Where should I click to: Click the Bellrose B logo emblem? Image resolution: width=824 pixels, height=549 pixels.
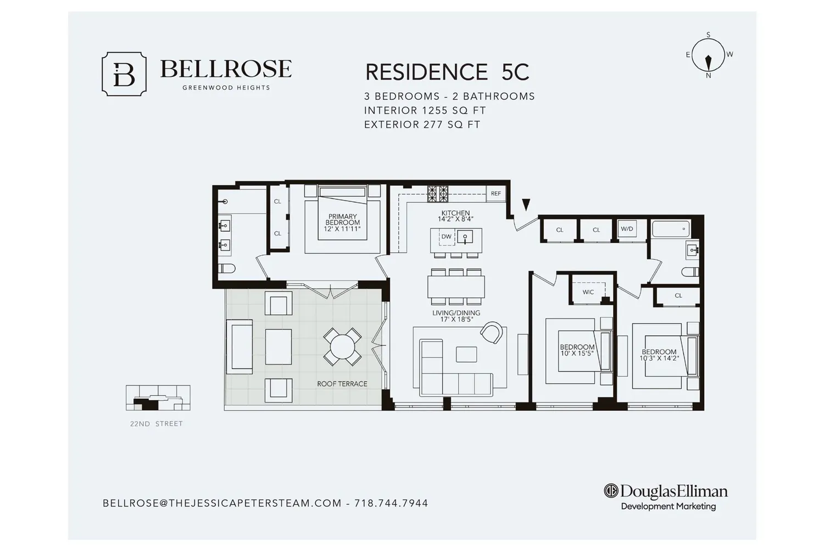coord(124,74)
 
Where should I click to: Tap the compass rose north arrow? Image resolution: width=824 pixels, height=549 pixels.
coord(708,63)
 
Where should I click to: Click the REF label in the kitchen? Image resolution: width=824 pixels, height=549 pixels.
coord(496,193)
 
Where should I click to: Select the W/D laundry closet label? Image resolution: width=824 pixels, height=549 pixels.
coord(627,229)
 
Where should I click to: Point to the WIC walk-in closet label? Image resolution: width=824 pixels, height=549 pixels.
coord(588,292)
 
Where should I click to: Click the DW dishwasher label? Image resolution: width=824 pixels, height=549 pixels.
coord(446,237)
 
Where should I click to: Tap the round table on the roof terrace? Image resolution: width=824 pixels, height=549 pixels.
coord(342,347)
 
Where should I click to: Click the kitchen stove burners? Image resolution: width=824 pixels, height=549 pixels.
coord(438,194)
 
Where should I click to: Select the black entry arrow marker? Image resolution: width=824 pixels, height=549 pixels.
coord(526,204)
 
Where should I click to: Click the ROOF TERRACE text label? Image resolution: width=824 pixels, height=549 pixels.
coord(342,384)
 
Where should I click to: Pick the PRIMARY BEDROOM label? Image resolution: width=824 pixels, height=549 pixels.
coord(342,220)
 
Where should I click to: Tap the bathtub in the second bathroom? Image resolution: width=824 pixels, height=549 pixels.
coord(671,229)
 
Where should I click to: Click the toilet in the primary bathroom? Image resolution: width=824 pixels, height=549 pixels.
coord(226,268)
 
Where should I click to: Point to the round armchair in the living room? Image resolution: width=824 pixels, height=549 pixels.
coord(492,333)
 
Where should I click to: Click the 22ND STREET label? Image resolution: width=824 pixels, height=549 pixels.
coord(157,424)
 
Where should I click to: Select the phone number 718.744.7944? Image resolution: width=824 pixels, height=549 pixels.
coord(391,503)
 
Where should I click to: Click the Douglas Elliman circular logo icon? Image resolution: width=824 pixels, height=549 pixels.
coord(611,491)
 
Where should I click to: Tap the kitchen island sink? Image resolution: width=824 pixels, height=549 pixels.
coord(465,237)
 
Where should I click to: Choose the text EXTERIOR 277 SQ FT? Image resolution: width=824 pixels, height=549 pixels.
coord(422,125)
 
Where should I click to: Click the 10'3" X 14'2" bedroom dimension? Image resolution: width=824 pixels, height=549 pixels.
coord(659,358)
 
